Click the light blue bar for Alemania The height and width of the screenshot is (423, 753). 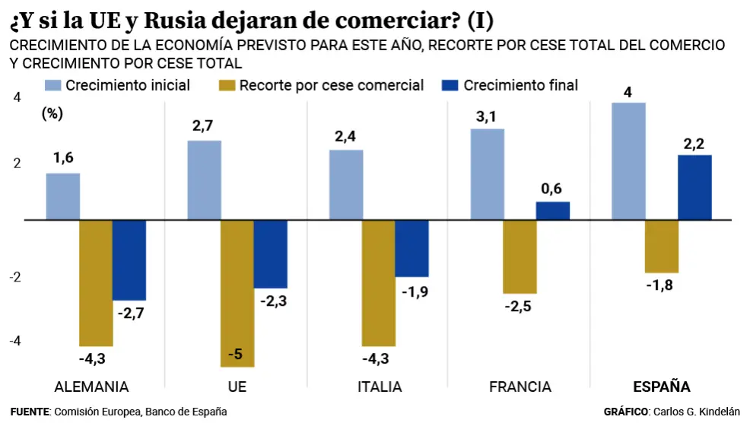pyautogui.click(x=63, y=196)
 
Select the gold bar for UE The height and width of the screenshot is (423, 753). pyautogui.click(x=237, y=293)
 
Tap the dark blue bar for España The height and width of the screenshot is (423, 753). pyautogui.click(x=694, y=187)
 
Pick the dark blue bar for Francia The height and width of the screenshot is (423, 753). pyautogui.click(x=553, y=211)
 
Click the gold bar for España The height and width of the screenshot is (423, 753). pyautogui.click(x=662, y=246)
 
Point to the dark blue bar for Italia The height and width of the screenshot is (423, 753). pyautogui.click(x=411, y=248)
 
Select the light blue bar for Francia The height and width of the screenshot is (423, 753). pyautogui.click(x=487, y=174)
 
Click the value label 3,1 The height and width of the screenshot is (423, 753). pyautogui.click(x=487, y=117)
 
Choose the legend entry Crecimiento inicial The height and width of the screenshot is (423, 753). pyautogui.click(x=128, y=85)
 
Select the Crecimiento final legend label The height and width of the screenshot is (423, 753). pyautogui.click(x=521, y=85)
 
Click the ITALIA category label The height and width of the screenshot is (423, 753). pyautogui.click(x=380, y=387)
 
